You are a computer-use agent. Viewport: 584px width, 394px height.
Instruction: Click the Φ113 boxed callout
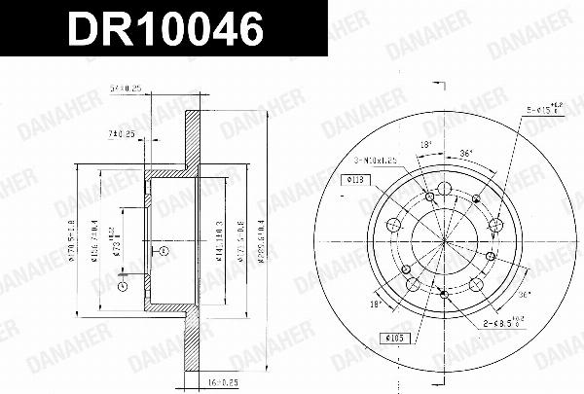[354, 180]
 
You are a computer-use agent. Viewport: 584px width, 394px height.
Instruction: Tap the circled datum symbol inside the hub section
[164, 251]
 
